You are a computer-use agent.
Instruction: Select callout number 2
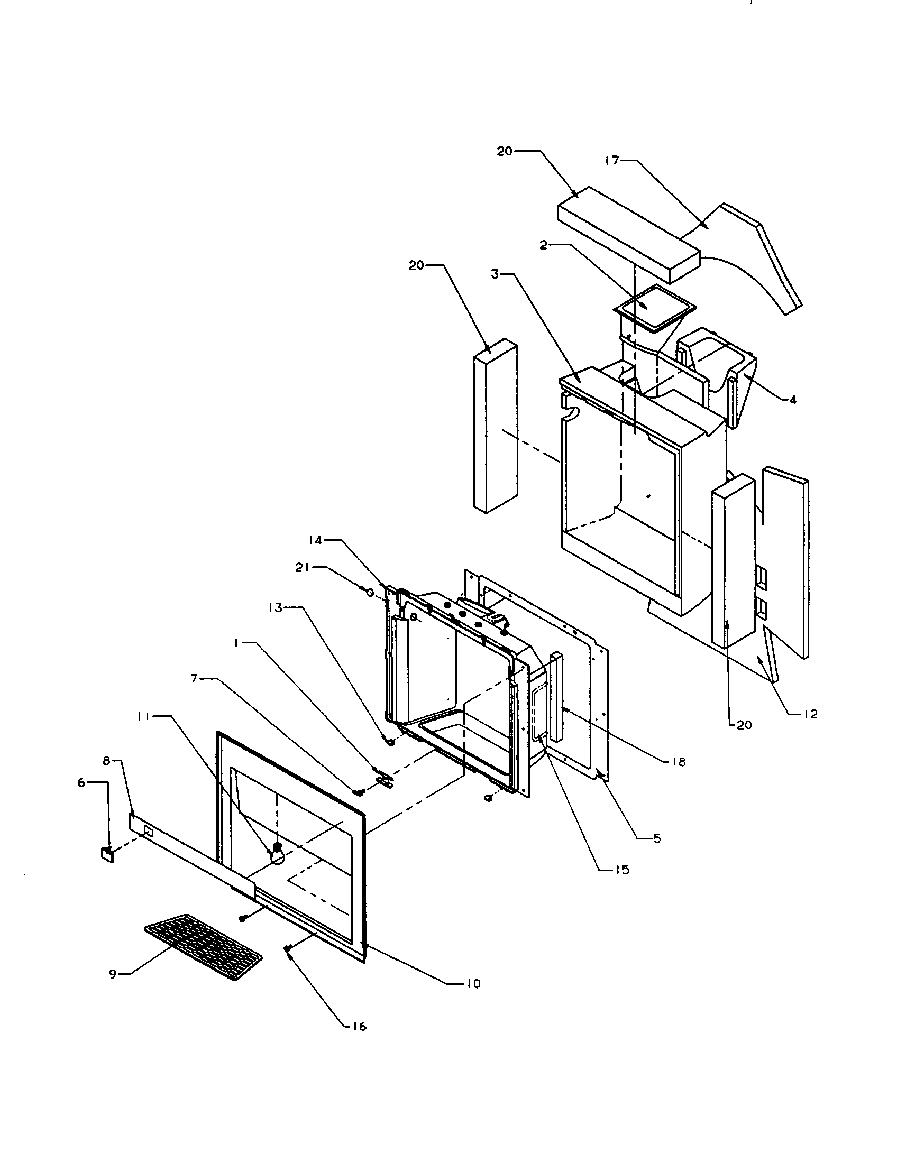click(x=543, y=245)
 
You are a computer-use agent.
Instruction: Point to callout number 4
click(x=793, y=401)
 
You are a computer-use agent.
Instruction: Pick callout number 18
click(x=679, y=762)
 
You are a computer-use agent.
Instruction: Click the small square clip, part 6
click(x=108, y=854)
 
